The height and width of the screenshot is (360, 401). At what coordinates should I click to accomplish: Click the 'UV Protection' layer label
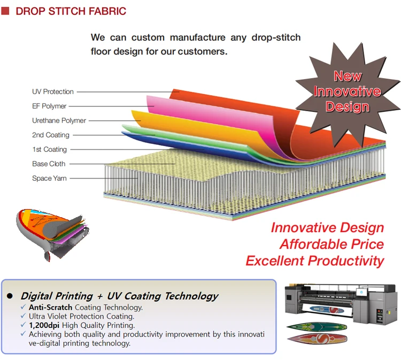[x=53, y=91]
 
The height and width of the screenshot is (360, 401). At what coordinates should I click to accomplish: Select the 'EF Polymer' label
[x=49, y=106]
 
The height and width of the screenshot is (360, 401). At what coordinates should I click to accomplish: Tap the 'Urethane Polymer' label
[x=59, y=120]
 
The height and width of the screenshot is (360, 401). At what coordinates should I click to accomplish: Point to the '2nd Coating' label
[x=51, y=135]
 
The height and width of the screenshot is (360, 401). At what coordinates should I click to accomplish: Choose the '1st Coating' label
[x=49, y=149]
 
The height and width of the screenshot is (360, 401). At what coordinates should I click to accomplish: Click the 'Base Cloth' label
[x=49, y=164]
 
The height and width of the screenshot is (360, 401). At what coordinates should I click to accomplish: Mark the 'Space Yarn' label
[x=49, y=178]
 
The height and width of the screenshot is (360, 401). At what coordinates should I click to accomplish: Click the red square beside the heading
[x=5, y=11]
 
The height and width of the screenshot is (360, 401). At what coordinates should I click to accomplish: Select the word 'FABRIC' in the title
[x=107, y=11]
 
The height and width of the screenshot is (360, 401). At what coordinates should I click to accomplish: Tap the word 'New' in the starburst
[x=348, y=76]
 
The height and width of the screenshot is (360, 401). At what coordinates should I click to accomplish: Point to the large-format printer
[x=342, y=303]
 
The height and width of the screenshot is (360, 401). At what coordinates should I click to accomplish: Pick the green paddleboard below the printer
[x=317, y=327]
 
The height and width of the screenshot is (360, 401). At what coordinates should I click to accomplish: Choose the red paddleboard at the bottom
[x=317, y=339]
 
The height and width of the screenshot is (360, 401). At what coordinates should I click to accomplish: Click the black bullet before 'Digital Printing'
[x=10, y=296]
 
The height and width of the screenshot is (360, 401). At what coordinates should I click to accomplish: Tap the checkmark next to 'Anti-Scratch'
[x=24, y=307]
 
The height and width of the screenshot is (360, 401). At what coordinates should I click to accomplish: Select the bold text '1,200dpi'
[x=44, y=325]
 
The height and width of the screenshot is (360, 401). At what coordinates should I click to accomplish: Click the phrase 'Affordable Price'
[x=331, y=244]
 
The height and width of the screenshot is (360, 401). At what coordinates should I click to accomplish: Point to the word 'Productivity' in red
[x=346, y=261]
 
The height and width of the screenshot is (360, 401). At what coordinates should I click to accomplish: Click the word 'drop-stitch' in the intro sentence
[x=276, y=37]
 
